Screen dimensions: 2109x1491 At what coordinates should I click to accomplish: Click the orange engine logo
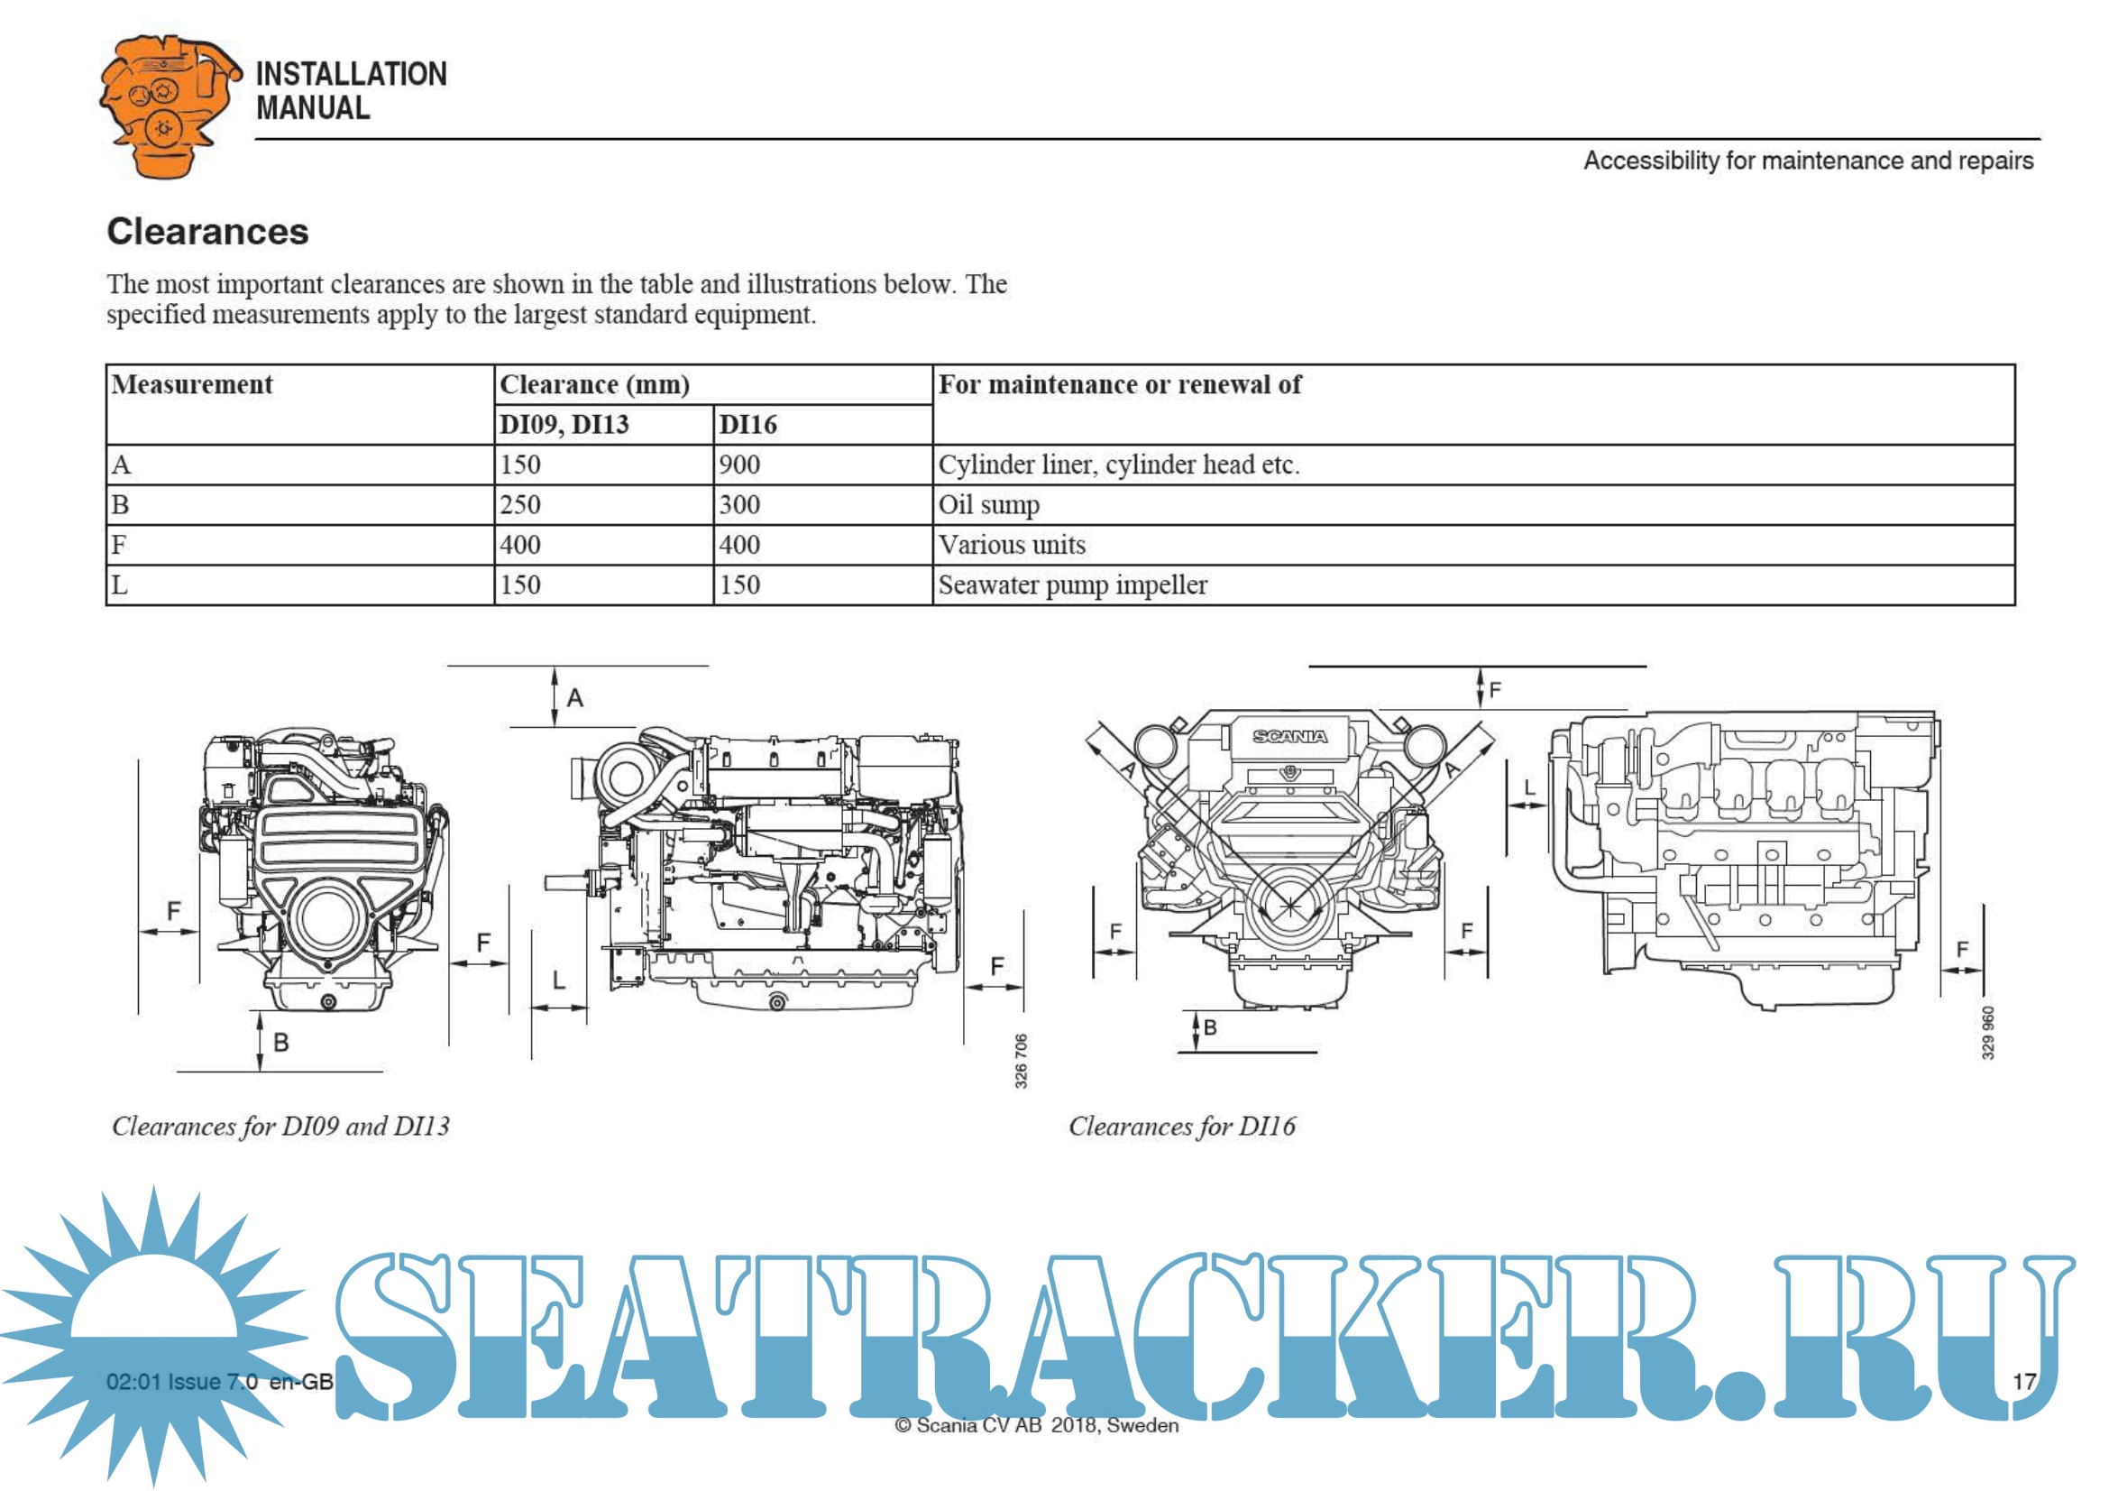pos(170,106)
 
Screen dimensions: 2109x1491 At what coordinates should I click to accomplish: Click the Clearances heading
pos(207,232)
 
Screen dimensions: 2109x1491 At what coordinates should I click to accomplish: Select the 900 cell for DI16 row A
pos(823,465)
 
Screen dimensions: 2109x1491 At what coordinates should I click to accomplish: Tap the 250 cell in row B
pos(603,505)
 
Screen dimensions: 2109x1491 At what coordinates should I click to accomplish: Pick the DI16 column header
pos(823,425)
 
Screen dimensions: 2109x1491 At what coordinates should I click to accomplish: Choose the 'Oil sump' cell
pos(1473,505)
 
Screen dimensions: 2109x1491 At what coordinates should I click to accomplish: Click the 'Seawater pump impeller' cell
pos(1473,585)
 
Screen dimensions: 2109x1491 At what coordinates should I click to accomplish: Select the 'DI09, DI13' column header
pos(603,425)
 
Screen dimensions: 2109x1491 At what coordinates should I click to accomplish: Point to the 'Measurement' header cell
pos(300,404)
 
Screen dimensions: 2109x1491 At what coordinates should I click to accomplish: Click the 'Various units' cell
pos(1473,545)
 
